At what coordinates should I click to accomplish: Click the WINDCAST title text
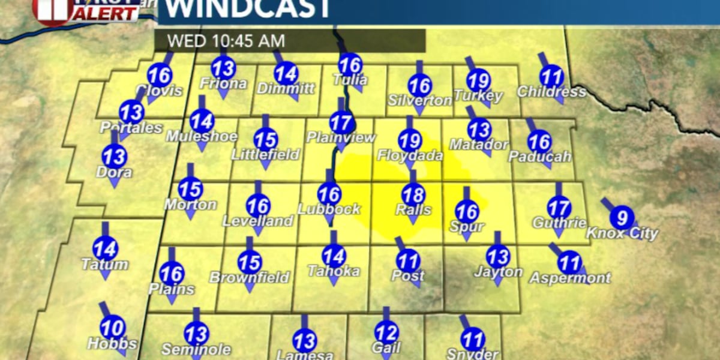(x=247, y=8)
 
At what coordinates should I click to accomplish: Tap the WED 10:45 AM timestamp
(x=226, y=41)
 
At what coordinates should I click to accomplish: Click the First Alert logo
(x=87, y=10)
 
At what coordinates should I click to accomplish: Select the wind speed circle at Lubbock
(x=329, y=194)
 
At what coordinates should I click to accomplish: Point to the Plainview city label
(x=341, y=137)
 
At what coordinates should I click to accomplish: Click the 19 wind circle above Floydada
(x=410, y=142)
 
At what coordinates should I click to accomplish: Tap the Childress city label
(x=551, y=92)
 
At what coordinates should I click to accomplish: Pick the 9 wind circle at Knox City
(x=622, y=217)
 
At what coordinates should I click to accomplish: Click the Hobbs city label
(x=112, y=344)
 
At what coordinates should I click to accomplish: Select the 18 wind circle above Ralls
(x=413, y=195)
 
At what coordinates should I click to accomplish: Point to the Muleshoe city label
(x=202, y=136)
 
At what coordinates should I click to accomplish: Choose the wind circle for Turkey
(x=479, y=80)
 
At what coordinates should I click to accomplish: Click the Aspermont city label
(x=570, y=278)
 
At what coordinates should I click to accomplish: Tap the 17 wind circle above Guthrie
(x=559, y=208)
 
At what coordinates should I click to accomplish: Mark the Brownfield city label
(x=249, y=278)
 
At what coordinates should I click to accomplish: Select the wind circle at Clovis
(x=160, y=76)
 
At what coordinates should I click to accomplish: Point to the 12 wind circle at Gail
(x=386, y=332)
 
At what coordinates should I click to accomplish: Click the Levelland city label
(x=258, y=221)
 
